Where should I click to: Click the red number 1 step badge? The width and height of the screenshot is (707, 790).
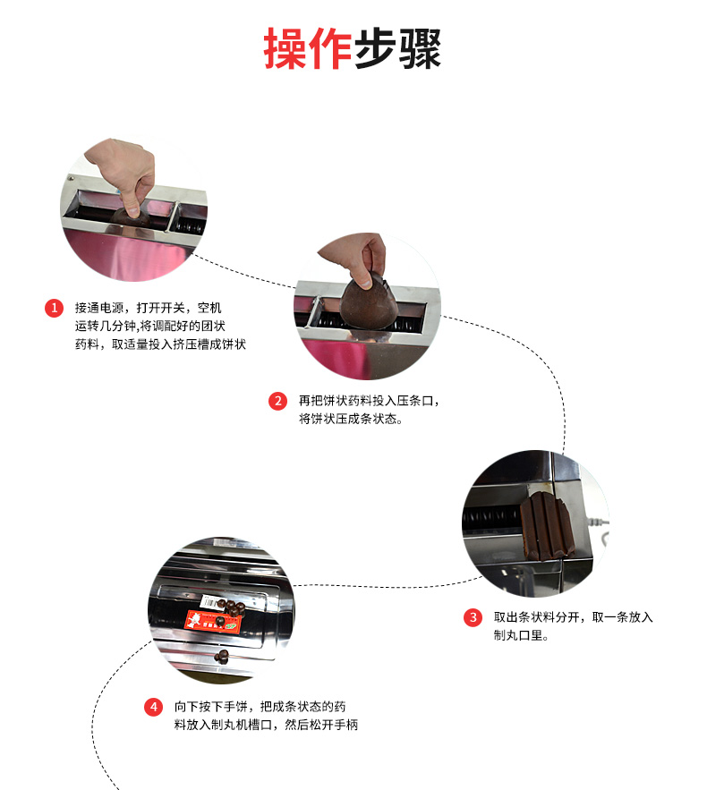click(54, 308)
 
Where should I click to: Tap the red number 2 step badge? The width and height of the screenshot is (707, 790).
click(277, 401)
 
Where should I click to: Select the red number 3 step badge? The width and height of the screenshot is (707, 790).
click(473, 617)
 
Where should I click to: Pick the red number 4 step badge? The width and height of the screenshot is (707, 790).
click(154, 707)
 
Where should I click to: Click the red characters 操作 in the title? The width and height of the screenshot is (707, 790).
click(307, 48)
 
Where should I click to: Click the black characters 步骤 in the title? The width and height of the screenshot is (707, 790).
click(397, 48)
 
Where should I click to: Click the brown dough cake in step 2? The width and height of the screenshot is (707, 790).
click(369, 304)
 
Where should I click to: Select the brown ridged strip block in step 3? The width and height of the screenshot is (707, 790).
click(546, 528)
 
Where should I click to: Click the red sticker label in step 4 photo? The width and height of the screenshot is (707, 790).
click(213, 621)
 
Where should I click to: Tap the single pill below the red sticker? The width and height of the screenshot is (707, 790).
click(222, 656)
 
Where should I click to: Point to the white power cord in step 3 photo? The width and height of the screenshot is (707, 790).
click(597, 523)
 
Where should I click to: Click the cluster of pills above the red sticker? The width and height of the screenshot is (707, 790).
click(233, 608)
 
